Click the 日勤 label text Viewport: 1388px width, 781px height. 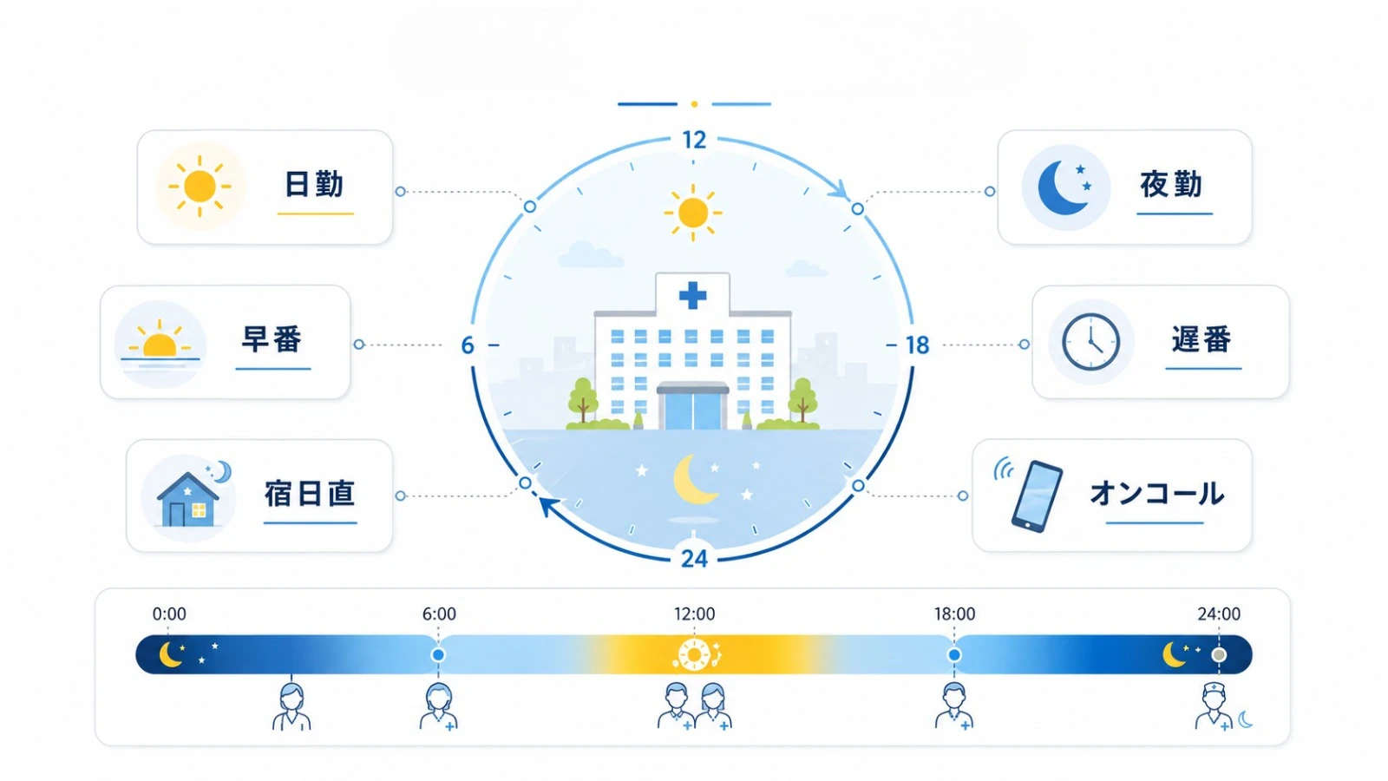[x=314, y=185]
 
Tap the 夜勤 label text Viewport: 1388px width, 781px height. [x=1171, y=185]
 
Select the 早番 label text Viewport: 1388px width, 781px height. [x=272, y=339]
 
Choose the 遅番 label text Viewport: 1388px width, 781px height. [x=1201, y=339]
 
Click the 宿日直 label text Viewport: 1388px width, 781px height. [x=310, y=494]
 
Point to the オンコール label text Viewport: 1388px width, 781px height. [x=1156, y=494]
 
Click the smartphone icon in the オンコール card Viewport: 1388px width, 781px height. [x=1037, y=496]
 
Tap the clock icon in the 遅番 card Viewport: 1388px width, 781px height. [x=1090, y=342]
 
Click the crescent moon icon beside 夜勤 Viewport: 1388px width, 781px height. [x=1062, y=187]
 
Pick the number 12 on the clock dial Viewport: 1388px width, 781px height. [x=694, y=141]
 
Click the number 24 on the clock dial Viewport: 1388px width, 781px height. [x=694, y=559]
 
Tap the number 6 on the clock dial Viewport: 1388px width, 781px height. [x=468, y=345]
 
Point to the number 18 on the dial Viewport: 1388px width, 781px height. [x=918, y=345]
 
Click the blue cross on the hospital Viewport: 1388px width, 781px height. [x=693, y=296]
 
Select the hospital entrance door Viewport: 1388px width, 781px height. [x=693, y=408]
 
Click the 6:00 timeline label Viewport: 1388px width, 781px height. [x=439, y=614]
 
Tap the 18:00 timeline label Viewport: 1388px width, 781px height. [x=955, y=614]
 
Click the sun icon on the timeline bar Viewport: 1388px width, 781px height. [x=695, y=655]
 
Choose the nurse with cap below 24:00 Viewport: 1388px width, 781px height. [x=1214, y=706]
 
